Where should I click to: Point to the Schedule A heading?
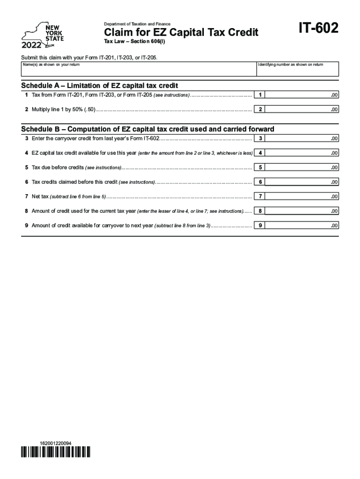[x=100, y=86]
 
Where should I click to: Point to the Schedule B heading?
[x=148, y=129]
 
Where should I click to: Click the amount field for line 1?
[x=302, y=95]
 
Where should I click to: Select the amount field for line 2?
[x=302, y=109]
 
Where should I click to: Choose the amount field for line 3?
[x=302, y=138]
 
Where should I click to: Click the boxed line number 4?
[x=260, y=153]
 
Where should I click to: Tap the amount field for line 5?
[x=302, y=167]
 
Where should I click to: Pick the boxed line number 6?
[x=260, y=182]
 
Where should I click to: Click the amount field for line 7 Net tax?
[x=302, y=196]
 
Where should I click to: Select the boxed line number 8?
[x=260, y=211]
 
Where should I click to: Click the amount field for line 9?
[x=302, y=225]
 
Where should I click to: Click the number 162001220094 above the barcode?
[x=56, y=443]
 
